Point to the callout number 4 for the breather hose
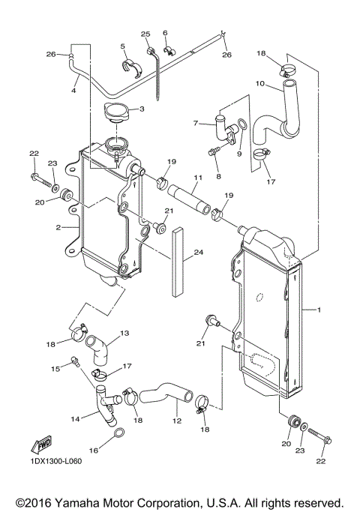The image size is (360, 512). click(73, 91)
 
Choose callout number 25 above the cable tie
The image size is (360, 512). click(145, 34)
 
